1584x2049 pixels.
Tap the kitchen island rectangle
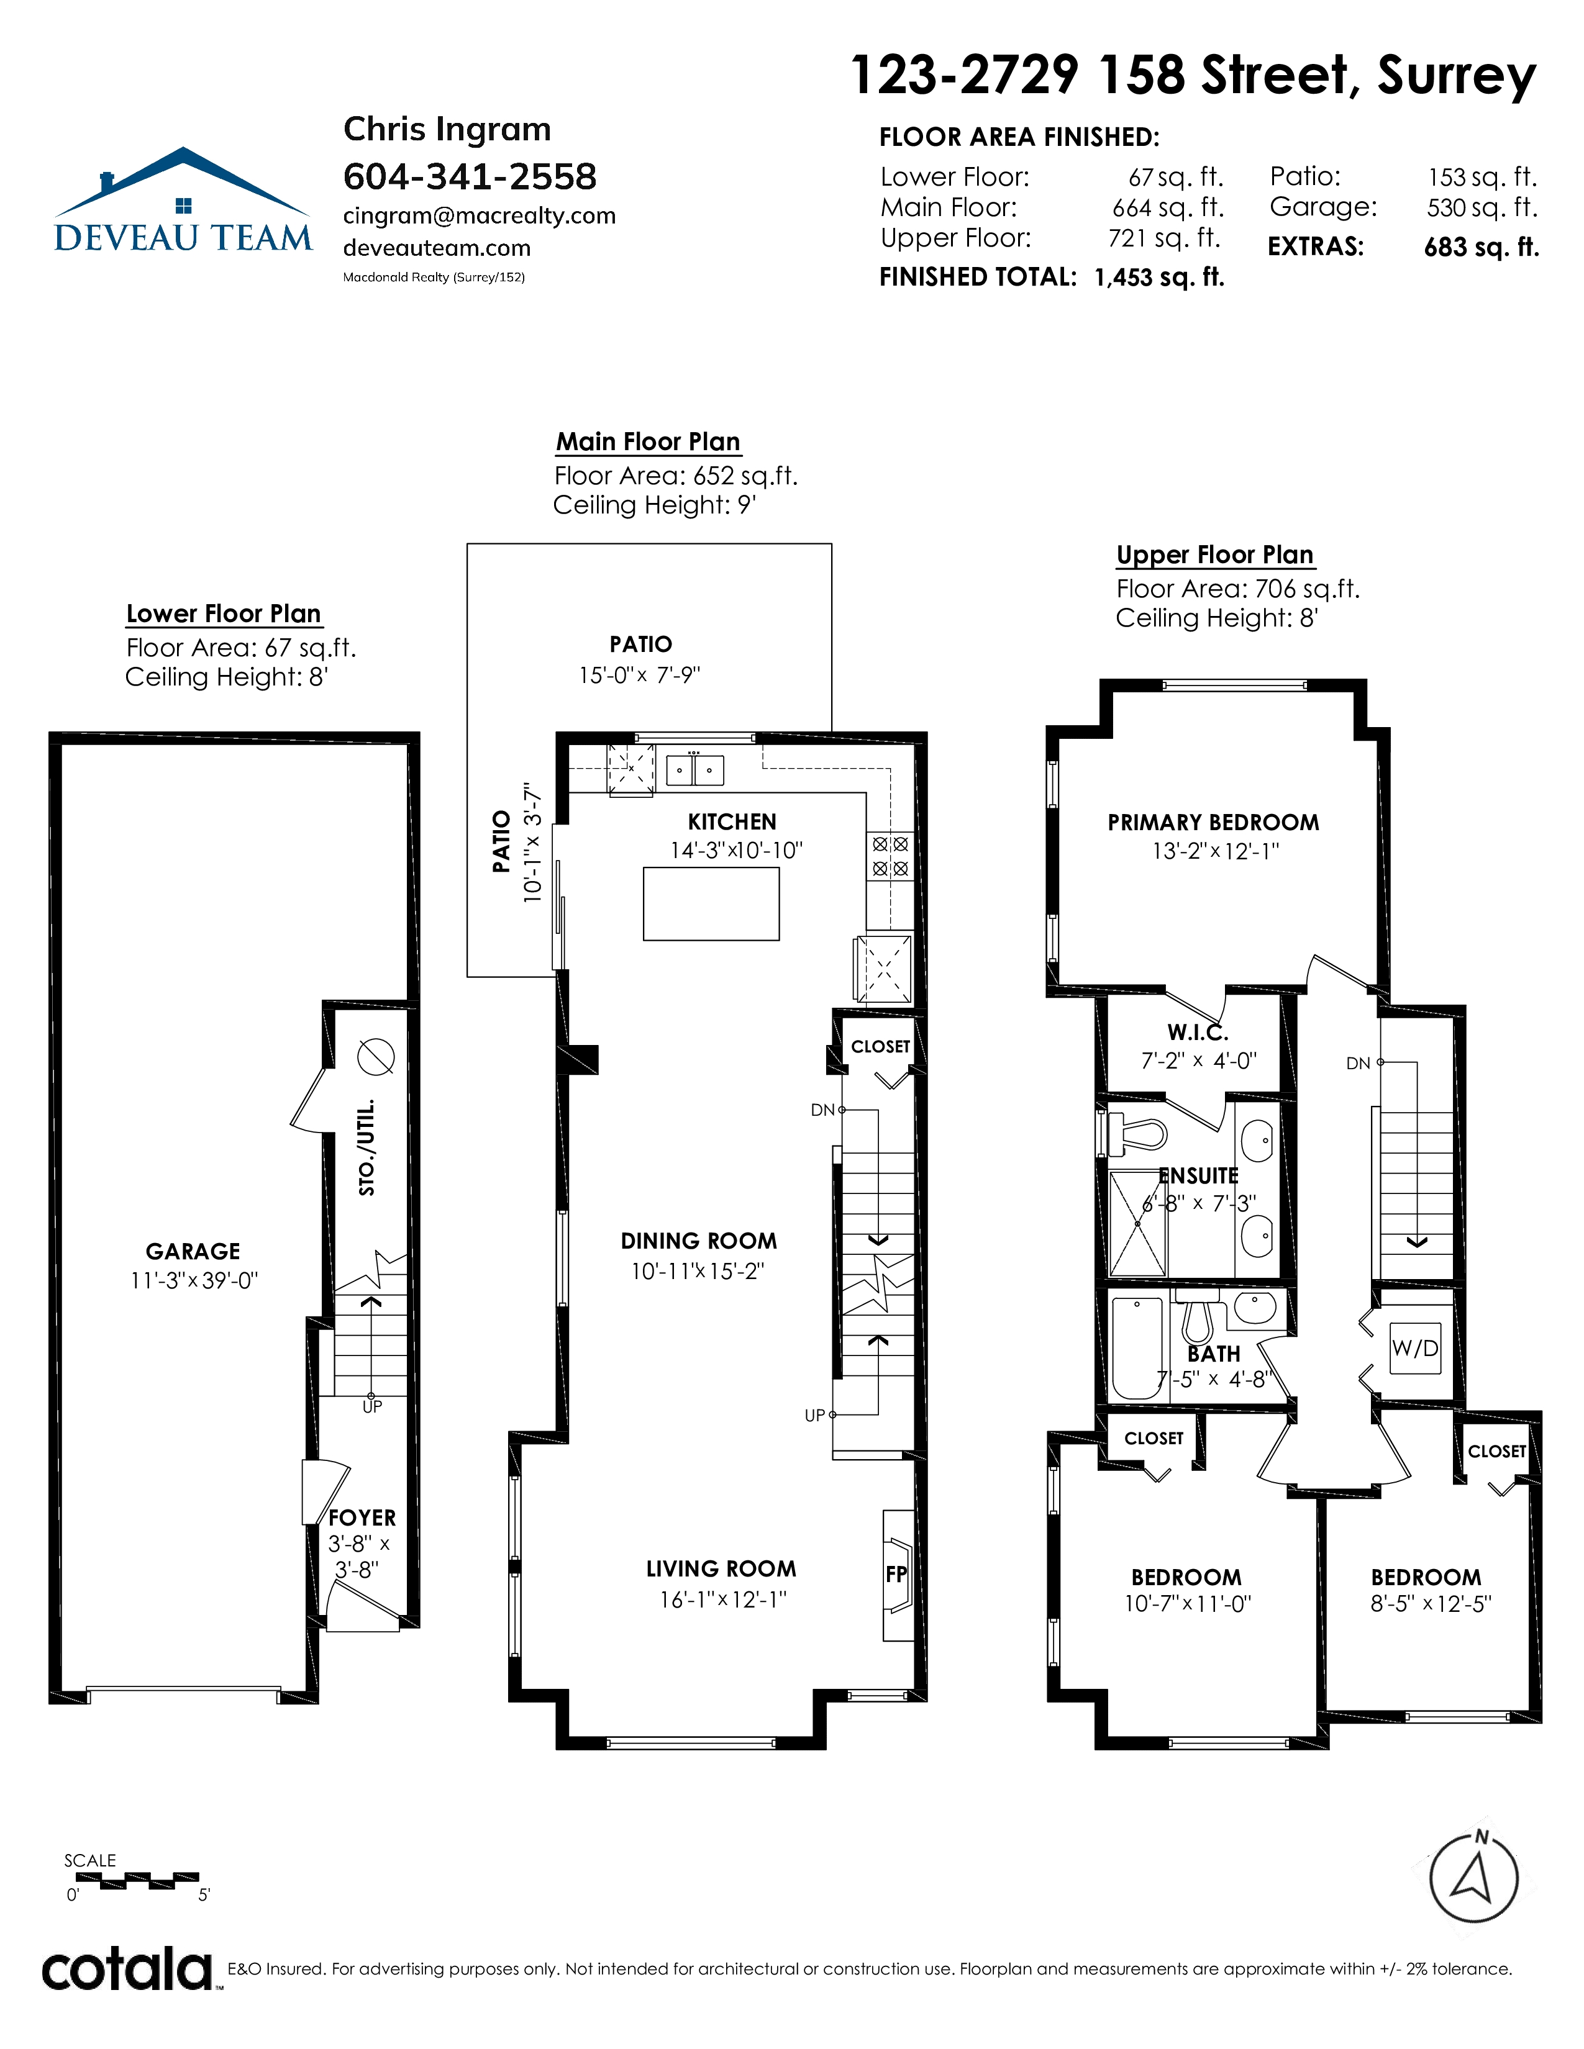[x=711, y=903]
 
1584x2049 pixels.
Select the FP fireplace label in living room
[x=896, y=1573]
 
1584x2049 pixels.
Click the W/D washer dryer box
[x=1415, y=1348]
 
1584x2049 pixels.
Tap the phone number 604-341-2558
[x=470, y=176]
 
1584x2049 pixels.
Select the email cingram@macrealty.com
[x=480, y=216]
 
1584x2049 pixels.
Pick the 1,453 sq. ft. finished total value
[x=1160, y=278]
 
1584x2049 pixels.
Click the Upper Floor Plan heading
[x=1215, y=554]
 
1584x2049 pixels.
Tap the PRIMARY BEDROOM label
[x=1213, y=823]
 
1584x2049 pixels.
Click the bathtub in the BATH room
[x=1136, y=1347]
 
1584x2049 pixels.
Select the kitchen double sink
[x=695, y=769]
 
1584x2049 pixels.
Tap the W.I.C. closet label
[x=1198, y=1033]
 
